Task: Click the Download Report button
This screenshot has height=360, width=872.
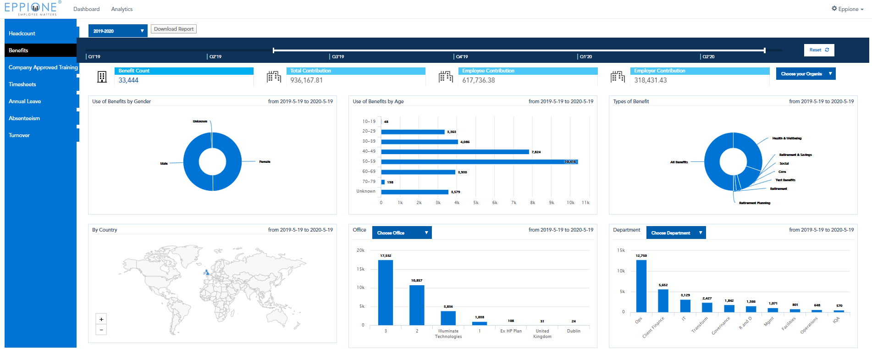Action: [x=174, y=29]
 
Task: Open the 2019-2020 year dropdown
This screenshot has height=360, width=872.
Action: [x=117, y=31]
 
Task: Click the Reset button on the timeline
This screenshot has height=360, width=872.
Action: [x=819, y=50]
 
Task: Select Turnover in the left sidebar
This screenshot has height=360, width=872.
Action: [x=19, y=135]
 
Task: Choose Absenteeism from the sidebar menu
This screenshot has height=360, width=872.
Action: [x=24, y=118]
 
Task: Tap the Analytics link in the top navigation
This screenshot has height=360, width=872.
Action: [x=121, y=9]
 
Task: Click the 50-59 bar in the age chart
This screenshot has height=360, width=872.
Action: [x=479, y=162]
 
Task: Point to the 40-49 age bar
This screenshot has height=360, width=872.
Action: [x=455, y=152]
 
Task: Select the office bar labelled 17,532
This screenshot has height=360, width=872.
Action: [x=386, y=293]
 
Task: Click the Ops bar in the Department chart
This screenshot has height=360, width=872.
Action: [x=641, y=286]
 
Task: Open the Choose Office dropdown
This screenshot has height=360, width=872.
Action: [x=402, y=233]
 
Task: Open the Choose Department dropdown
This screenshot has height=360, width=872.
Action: [x=676, y=233]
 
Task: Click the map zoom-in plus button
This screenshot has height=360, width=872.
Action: [x=101, y=319]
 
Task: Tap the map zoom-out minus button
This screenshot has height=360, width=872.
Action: [x=101, y=329]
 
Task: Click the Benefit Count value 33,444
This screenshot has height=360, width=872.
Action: [x=128, y=80]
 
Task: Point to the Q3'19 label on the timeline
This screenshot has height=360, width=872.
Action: [x=338, y=57]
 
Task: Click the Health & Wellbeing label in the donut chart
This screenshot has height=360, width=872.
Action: [x=787, y=138]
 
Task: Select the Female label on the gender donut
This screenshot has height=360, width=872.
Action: [x=265, y=162]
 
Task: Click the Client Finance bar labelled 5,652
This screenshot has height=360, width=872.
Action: [x=663, y=300]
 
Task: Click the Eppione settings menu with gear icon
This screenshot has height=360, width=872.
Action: [x=847, y=9]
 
